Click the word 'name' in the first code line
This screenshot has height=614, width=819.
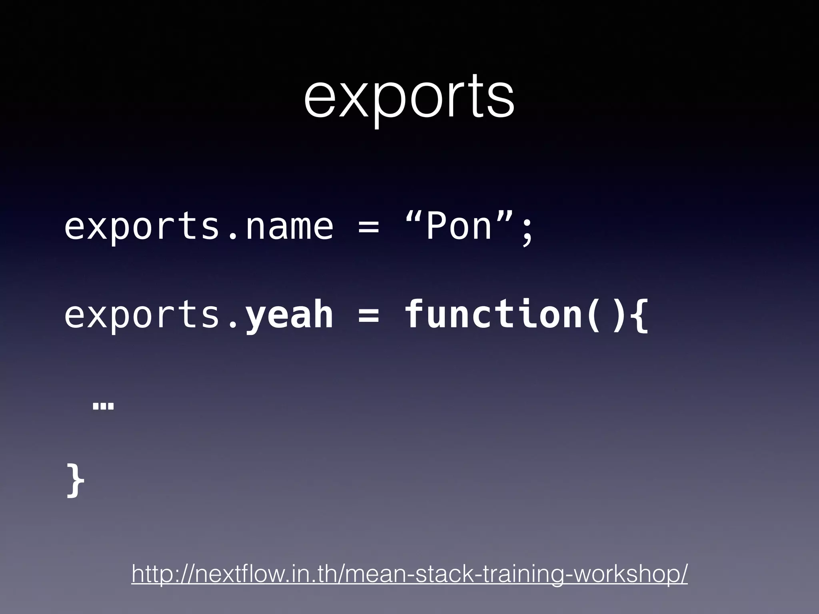[x=289, y=227]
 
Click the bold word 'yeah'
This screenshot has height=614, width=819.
[x=289, y=315]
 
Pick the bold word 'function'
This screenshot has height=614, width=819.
[x=493, y=314]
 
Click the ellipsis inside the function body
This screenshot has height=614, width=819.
[x=103, y=407]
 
